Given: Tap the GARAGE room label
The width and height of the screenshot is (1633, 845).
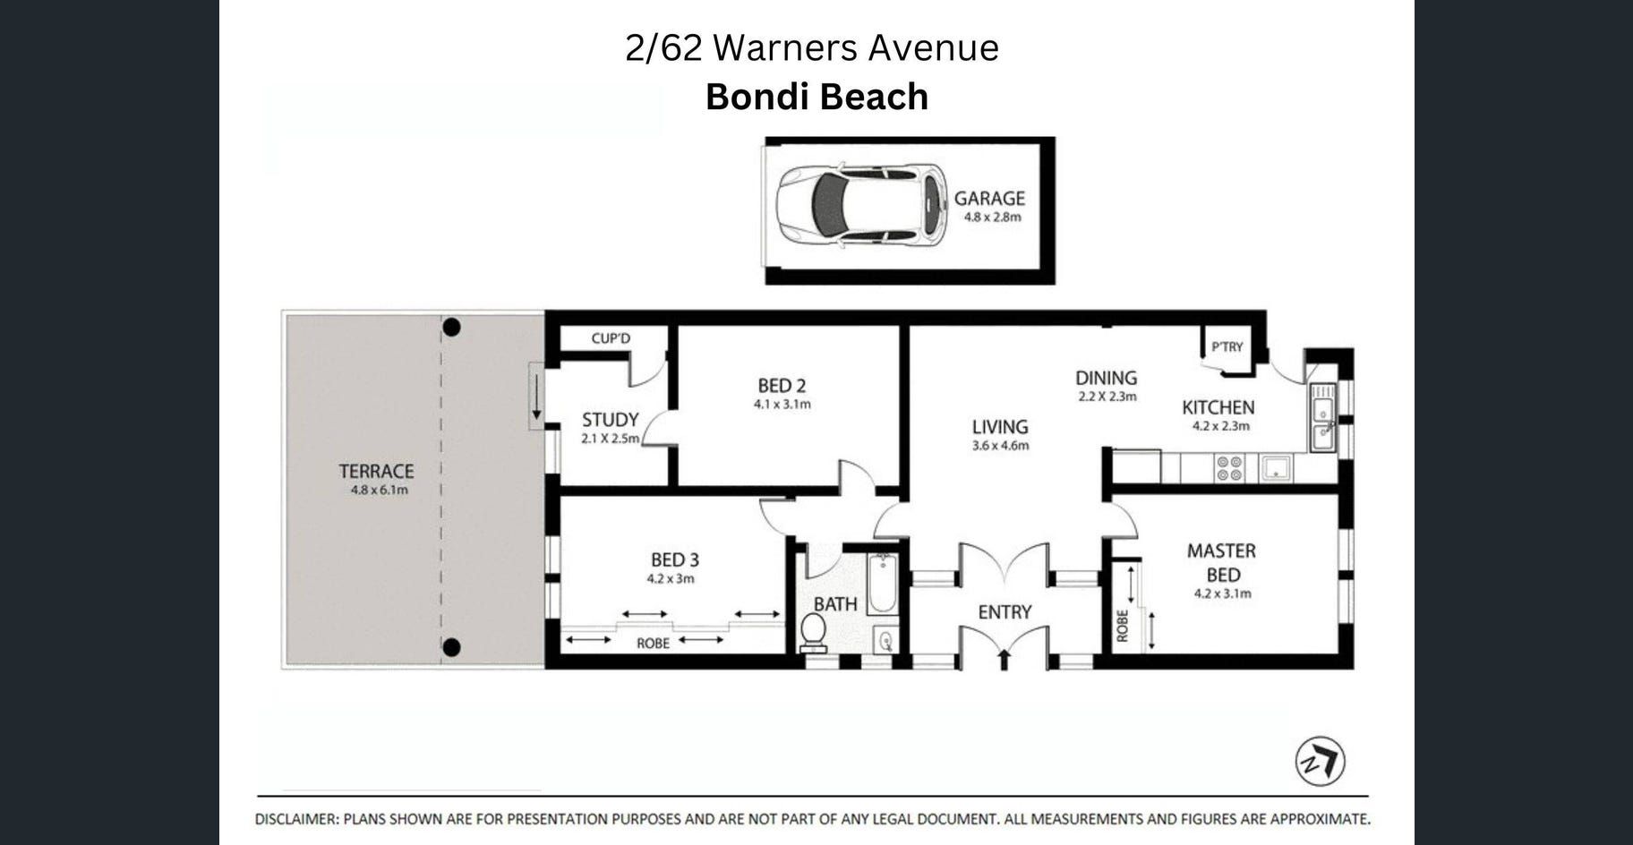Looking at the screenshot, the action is pos(989,199).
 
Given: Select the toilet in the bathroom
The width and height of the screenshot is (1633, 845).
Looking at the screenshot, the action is pos(813,630).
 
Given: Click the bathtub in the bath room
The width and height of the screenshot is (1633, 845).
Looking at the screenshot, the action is pos(882,585).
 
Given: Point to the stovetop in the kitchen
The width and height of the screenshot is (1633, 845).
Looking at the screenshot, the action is pos(1229,468).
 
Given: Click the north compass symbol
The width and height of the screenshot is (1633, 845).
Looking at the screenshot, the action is pos(1321,762).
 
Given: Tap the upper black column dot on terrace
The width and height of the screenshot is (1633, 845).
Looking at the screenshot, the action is pos(451,328).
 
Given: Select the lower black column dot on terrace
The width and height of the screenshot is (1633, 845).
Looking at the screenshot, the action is pos(451,647).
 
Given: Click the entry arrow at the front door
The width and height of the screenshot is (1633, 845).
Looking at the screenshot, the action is pos(1004,660).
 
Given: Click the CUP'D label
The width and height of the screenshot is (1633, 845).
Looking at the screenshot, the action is pos(611,338).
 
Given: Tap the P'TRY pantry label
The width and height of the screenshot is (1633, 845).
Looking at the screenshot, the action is pos(1227,346).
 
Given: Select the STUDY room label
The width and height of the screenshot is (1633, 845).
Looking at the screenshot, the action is pos(611,419).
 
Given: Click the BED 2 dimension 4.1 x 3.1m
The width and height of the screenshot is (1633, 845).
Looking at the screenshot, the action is pos(782,405).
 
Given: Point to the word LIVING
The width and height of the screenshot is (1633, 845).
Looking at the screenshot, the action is pos(1000,427).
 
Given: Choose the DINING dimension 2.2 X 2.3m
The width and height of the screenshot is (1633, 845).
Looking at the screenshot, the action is pos(1107,397).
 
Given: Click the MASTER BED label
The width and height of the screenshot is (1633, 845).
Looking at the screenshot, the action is pos(1222,562).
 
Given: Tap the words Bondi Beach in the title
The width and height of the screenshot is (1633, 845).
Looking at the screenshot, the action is pos(816,97).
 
